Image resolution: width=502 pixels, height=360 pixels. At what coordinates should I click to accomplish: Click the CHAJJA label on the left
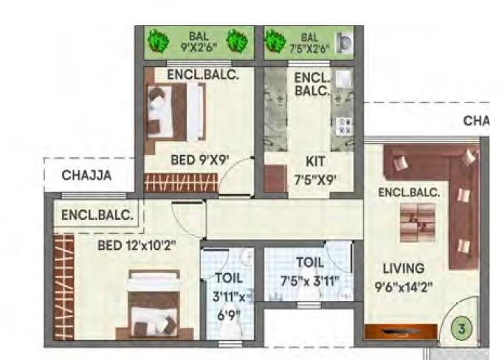tap(86, 176)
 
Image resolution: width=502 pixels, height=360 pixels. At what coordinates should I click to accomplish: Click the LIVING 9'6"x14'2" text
tap(403, 276)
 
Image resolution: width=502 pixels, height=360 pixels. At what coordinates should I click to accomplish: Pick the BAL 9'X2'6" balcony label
tap(198, 41)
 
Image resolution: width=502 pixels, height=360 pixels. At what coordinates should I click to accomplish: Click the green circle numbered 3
tap(462, 330)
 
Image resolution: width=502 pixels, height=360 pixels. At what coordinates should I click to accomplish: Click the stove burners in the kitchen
tap(344, 125)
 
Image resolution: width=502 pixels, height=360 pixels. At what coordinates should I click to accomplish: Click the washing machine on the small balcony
tap(344, 42)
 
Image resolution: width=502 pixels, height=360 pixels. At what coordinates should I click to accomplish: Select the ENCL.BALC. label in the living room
tap(409, 193)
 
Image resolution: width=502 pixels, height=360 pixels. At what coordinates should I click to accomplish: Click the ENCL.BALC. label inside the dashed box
tap(97, 216)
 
